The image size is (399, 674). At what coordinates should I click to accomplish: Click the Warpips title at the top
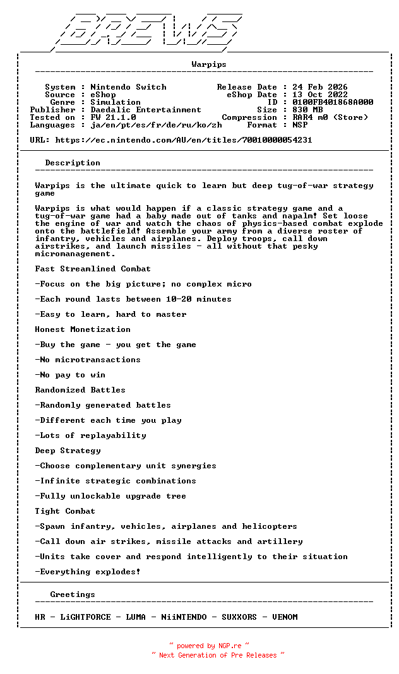[209, 64]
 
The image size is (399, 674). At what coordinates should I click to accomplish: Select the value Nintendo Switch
[128, 87]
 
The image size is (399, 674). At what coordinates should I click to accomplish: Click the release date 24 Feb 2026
[319, 87]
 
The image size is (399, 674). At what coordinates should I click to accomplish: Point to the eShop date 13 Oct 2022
[319, 95]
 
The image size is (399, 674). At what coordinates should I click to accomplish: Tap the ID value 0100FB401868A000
[332, 102]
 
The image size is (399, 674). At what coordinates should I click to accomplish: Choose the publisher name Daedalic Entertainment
[146, 110]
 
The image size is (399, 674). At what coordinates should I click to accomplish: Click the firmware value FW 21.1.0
[113, 117]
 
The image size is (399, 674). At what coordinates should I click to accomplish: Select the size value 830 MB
[307, 110]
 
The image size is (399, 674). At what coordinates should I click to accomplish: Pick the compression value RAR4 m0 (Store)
[330, 117]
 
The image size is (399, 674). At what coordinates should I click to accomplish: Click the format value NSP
[300, 125]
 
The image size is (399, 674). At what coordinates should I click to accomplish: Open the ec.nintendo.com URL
[183, 140]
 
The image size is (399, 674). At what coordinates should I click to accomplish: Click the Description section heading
[73, 163]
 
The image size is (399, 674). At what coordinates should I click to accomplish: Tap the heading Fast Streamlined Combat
[93, 269]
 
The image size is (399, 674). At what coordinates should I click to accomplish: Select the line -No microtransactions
[88, 360]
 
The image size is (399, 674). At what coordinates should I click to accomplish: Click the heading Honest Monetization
[83, 329]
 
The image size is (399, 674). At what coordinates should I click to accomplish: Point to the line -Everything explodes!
[88, 572]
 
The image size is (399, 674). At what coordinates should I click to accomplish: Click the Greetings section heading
[73, 594]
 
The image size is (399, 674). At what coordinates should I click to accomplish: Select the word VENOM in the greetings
[285, 617]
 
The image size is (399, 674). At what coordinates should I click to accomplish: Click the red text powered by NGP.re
[209, 646]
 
